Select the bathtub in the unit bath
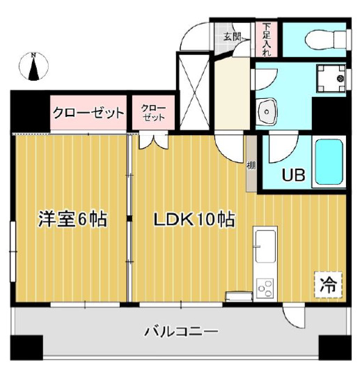pyautogui.click(x=330, y=162)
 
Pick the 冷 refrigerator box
pyautogui.click(x=328, y=284)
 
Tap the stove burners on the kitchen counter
pyautogui.click(x=265, y=286)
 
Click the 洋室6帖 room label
pyautogui.click(x=72, y=219)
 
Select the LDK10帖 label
pyautogui.click(x=194, y=219)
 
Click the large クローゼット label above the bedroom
pyautogui.click(x=88, y=113)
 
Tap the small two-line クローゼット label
pyautogui.click(x=153, y=113)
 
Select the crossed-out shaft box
pyautogui.click(x=193, y=91)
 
